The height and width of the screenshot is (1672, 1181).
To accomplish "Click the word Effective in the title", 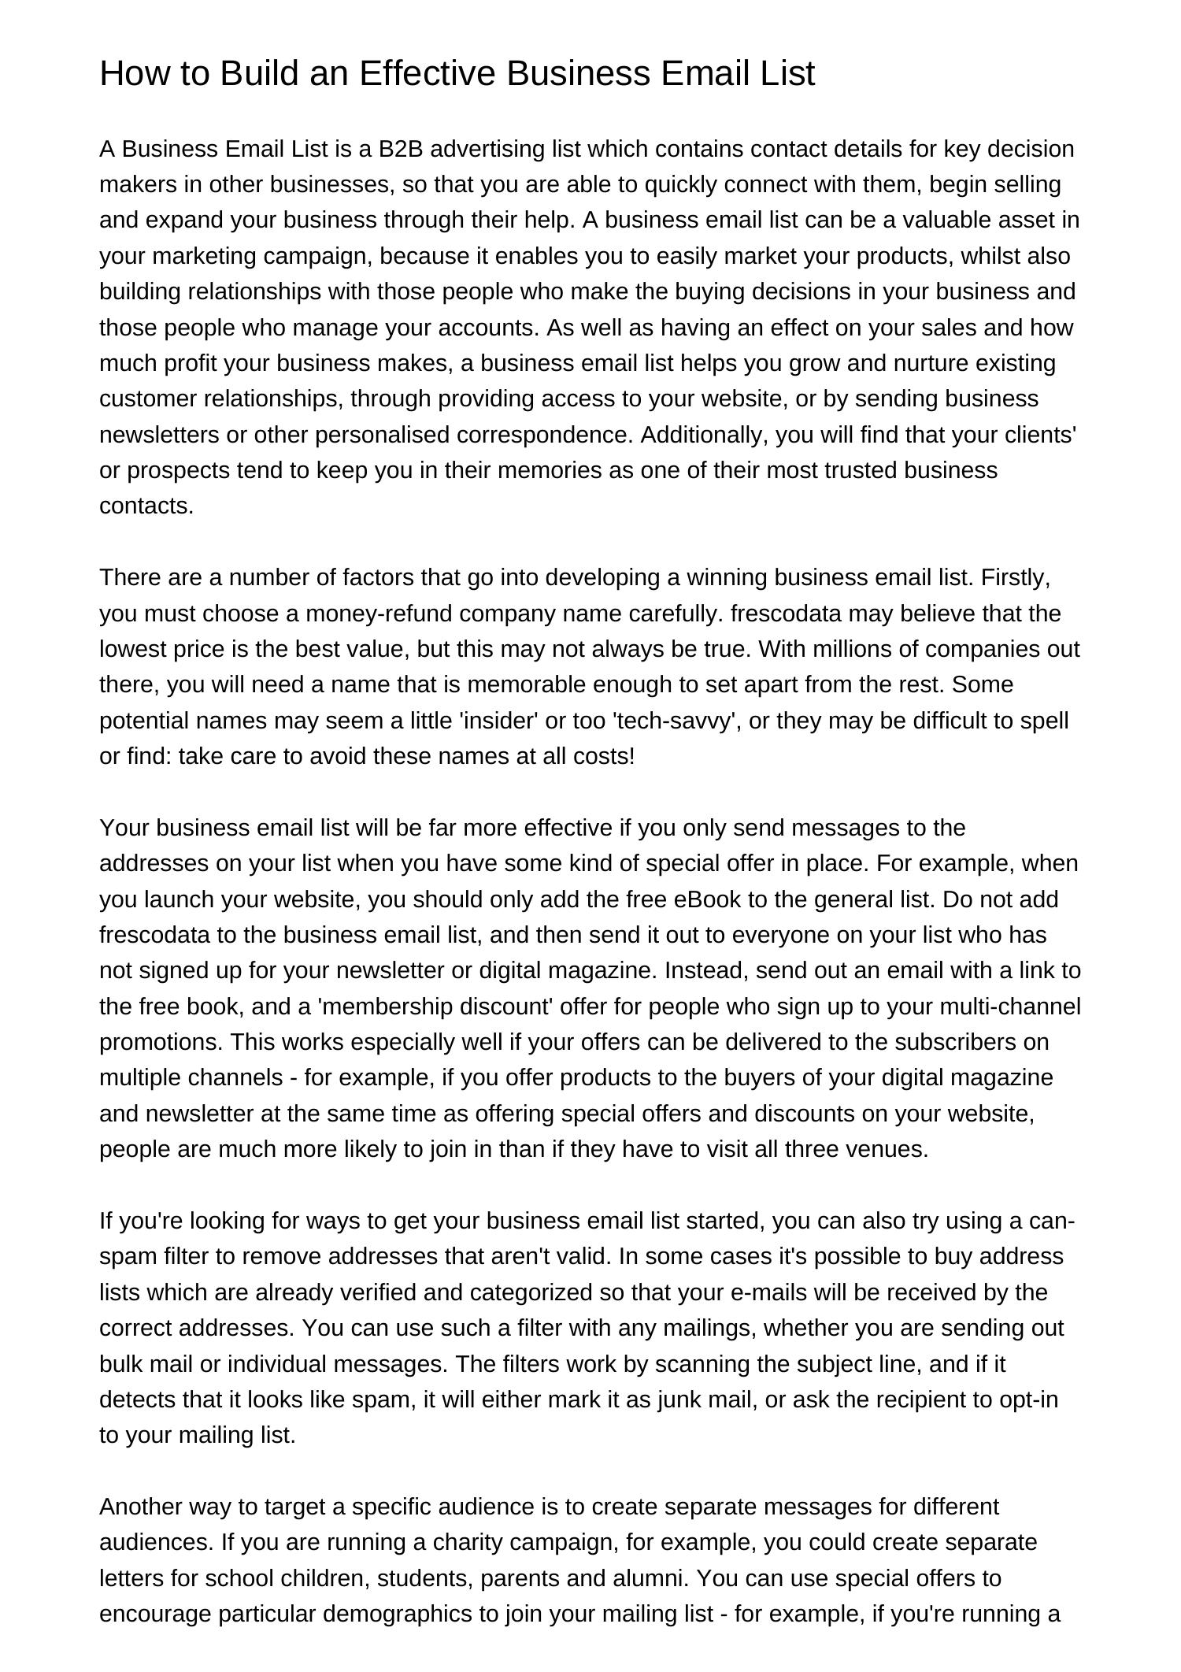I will point(428,73).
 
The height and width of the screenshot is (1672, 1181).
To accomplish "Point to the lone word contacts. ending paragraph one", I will point(146,506).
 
